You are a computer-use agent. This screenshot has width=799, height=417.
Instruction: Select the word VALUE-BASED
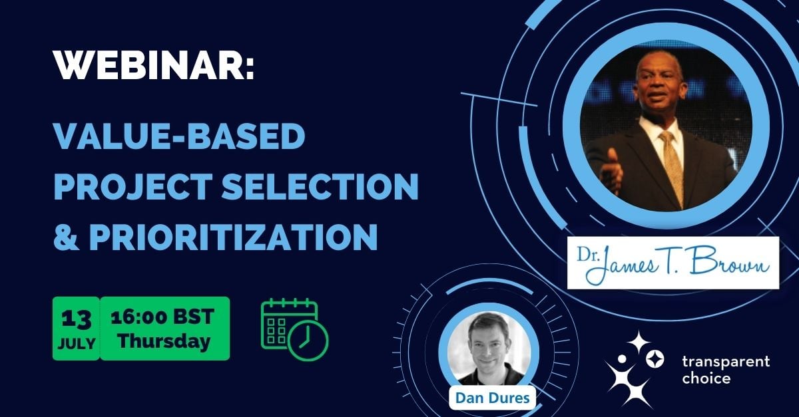pyautogui.click(x=179, y=136)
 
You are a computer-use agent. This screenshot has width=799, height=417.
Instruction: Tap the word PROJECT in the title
pyautogui.click(x=133, y=186)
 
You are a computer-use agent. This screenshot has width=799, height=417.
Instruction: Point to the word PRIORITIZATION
pyautogui.click(x=233, y=237)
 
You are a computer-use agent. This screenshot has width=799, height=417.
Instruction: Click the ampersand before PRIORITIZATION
pyautogui.click(x=67, y=237)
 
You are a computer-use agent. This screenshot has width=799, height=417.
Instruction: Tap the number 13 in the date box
pyautogui.click(x=76, y=319)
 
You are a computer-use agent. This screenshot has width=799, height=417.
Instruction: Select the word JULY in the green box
pyautogui.click(x=77, y=344)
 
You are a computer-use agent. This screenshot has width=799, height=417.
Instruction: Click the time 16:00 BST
pyautogui.click(x=162, y=317)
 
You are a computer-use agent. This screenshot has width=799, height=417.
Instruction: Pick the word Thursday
pyautogui.click(x=164, y=341)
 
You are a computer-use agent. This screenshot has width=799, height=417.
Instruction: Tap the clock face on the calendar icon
pyautogui.click(x=308, y=341)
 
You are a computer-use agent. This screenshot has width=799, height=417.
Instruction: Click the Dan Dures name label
pyautogui.click(x=493, y=398)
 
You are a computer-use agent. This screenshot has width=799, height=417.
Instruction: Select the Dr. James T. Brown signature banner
pyautogui.click(x=673, y=263)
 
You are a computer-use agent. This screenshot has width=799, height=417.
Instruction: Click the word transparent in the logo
pyautogui.click(x=726, y=362)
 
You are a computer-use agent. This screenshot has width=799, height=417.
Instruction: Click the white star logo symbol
pyautogui.click(x=634, y=369)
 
